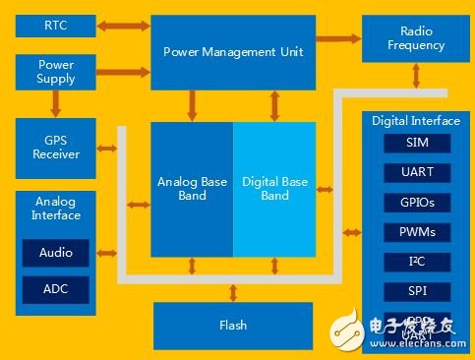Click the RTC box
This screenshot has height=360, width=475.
coord(56,24)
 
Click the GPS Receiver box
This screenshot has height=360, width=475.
coord(56,147)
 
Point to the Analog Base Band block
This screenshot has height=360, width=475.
coord(192,188)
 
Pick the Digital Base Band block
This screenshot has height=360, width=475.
coord(274,188)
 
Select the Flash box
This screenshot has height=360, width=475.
coord(233,325)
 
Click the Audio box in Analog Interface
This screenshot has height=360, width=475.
coord(56,253)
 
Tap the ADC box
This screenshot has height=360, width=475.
coord(56,289)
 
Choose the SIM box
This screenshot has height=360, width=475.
coord(418,144)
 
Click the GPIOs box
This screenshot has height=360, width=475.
coord(418,203)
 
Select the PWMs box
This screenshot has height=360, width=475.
coord(418,232)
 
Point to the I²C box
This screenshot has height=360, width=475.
coord(418,262)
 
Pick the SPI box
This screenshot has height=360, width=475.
coord(418,291)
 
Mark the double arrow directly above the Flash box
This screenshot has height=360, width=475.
coord(233,291)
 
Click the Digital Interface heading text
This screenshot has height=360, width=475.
coord(415,121)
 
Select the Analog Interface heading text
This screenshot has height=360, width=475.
coord(56,208)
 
